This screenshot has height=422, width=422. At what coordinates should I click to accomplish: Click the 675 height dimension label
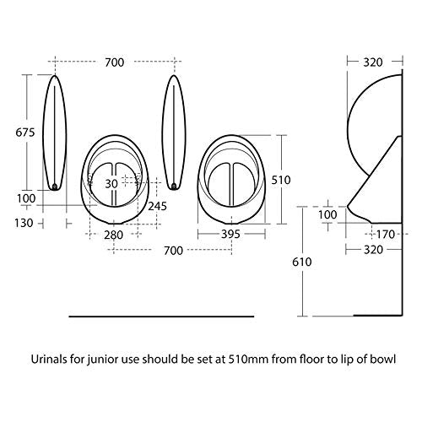click(x=25, y=133)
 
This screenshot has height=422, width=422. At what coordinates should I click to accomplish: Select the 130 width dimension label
click(x=24, y=223)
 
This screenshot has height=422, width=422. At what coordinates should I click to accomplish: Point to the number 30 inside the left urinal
click(x=111, y=184)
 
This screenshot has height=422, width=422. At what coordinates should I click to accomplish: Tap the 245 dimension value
click(x=157, y=206)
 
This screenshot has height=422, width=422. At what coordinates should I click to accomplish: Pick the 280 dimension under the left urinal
click(x=113, y=235)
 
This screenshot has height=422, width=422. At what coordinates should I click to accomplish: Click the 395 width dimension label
click(x=230, y=234)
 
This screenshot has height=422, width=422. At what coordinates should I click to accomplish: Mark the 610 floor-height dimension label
click(x=302, y=262)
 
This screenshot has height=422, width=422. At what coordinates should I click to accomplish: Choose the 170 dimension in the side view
click(x=385, y=235)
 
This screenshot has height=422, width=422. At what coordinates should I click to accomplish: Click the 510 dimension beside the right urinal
click(x=281, y=180)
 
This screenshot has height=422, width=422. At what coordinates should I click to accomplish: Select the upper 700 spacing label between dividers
click(x=115, y=62)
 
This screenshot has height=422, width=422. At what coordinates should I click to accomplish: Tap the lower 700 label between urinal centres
click(x=173, y=251)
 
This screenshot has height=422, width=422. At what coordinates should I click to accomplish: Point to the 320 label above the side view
click(x=373, y=62)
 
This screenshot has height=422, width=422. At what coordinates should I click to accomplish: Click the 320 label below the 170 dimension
click(x=373, y=250)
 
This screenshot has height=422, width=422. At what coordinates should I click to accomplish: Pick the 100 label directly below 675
click(x=26, y=198)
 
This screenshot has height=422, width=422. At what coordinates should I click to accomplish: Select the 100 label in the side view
click(x=327, y=215)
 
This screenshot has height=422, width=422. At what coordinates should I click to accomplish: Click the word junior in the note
click(x=100, y=360)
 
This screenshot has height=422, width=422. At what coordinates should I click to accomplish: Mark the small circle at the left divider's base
click(x=55, y=187)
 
